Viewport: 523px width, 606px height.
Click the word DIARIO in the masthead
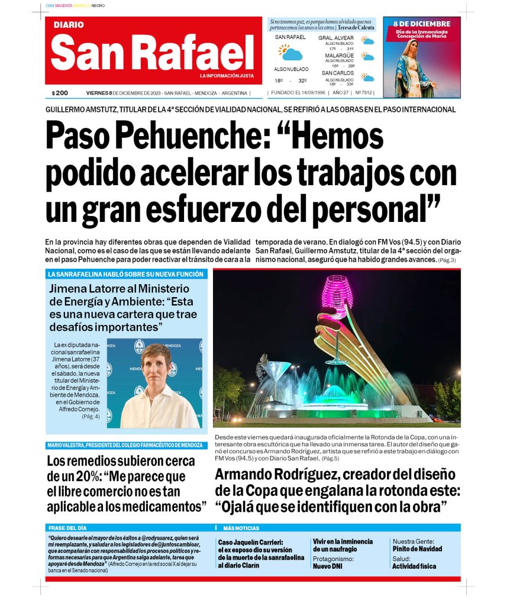[69, 25]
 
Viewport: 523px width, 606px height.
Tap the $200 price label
[60, 93]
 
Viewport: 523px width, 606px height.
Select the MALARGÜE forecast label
[339, 56]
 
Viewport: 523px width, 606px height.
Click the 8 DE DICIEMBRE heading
[422, 24]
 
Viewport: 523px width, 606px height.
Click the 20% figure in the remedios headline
[85, 476]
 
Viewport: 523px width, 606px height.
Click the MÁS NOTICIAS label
[241, 527]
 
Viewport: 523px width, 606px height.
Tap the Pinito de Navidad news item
[417, 549]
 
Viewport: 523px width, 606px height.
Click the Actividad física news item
[414, 566]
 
